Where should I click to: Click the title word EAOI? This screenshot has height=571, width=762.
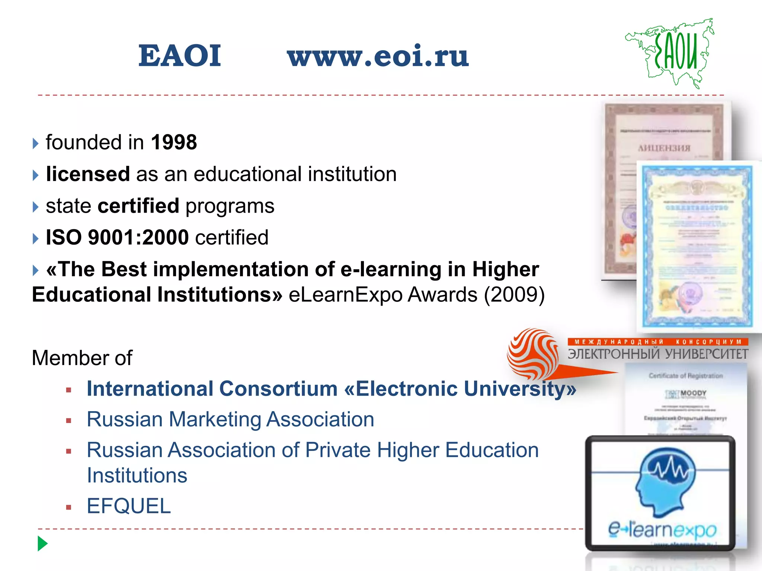(180, 56)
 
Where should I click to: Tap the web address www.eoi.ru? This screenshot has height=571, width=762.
(378, 57)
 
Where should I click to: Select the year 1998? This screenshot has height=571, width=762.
(174, 142)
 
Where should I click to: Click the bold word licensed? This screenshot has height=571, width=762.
(88, 174)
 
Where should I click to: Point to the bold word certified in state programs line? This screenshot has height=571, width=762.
(138, 206)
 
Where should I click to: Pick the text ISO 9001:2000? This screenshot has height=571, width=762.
(117, 237)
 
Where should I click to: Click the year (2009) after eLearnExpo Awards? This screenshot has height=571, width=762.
(514, 295)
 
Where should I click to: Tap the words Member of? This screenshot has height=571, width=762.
(82, 358)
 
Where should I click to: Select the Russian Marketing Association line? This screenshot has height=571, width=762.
(230, 419)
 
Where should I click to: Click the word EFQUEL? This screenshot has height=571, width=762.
(129, 506)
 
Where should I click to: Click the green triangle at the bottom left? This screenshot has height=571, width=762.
(42, 543)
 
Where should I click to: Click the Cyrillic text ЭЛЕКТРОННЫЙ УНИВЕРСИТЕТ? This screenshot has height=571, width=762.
(658, 354)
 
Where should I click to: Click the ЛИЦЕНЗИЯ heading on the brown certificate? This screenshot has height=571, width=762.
(664, 148)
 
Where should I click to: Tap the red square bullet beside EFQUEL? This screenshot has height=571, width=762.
(68, 507)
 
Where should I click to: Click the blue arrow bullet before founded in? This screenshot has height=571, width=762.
(35, 143)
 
